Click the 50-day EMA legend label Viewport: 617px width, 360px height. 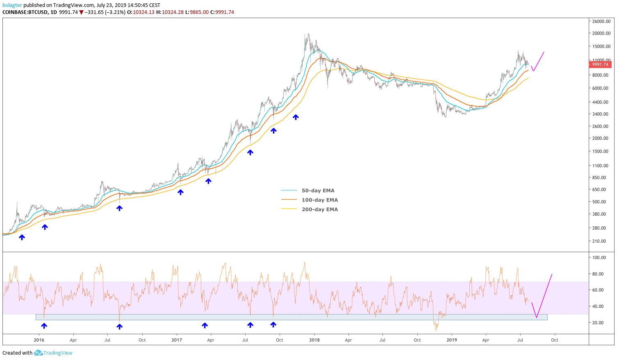pos(318,191)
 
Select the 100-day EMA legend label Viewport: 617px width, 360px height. pos(319,200)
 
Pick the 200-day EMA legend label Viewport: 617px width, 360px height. pos(319,210)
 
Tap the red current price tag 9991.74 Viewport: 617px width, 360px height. pos(600,64)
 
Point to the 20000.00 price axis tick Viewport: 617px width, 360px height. pos(601,33)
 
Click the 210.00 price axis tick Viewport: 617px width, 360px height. pos(599,241)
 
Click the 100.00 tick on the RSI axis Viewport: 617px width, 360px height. pos(599,257)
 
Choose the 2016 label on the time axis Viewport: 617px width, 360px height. pos(39,340)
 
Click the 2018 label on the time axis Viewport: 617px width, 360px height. pos(314,340)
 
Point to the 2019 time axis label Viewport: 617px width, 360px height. pos(451,340)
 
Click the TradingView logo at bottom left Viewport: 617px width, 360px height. pos(53,353)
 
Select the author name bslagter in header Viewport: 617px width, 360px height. pos(12,5)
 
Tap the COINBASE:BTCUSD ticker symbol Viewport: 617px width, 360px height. pos(24,12)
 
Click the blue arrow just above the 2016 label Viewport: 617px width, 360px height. pos(44,326)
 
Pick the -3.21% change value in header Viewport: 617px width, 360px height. pos(116,12)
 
